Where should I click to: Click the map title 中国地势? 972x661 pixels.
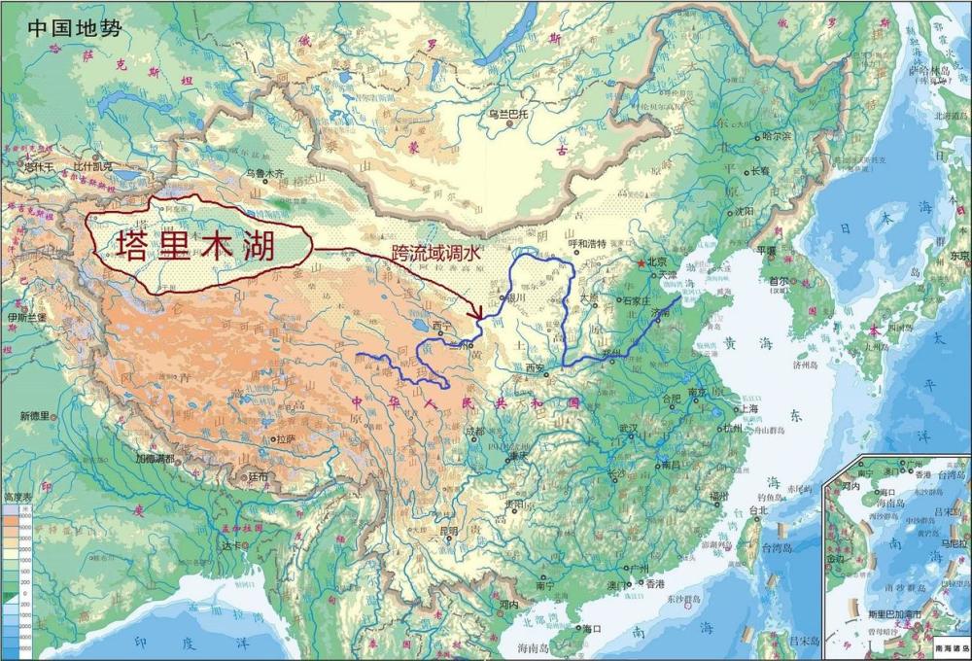pyautogui.click(x=75, y=27)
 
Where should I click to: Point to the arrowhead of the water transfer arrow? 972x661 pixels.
pyautogui.click(x=477, y=312)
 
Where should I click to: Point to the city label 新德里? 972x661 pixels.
pyautogui.click(x=40, y=417)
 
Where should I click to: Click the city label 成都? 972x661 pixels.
pyautogui.click(x=474, y=432)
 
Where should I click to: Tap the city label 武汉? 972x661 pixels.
pyautogui.click(x=627, y=429)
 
